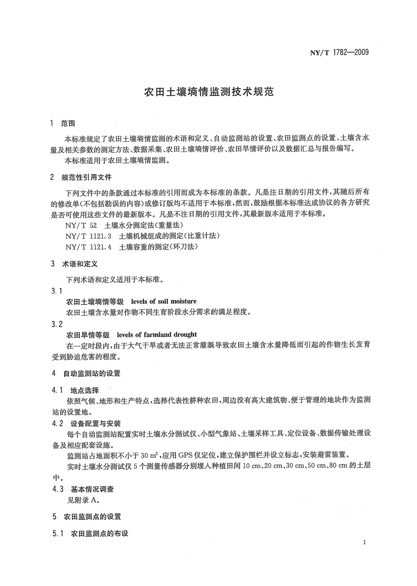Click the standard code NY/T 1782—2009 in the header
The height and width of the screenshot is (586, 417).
click(339, 53)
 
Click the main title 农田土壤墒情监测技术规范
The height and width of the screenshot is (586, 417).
click(209, 92)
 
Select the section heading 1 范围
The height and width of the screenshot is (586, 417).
click(63, 123)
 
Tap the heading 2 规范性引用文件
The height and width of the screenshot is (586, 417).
click(81, 177)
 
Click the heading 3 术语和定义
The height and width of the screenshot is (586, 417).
click(74, 264)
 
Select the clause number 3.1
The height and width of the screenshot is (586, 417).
click(57, 291)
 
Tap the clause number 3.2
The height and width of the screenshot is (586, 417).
click(57, 324)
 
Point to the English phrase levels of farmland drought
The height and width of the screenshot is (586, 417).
click(157, 334)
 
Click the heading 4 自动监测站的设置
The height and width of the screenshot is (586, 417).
click(86, 374)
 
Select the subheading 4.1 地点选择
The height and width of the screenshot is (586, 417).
click(75, 390)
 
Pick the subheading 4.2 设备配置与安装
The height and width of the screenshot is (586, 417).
click(86, 424)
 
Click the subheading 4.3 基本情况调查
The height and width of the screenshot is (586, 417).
click(83, 489)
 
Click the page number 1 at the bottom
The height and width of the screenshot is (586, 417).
click(365, 543)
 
